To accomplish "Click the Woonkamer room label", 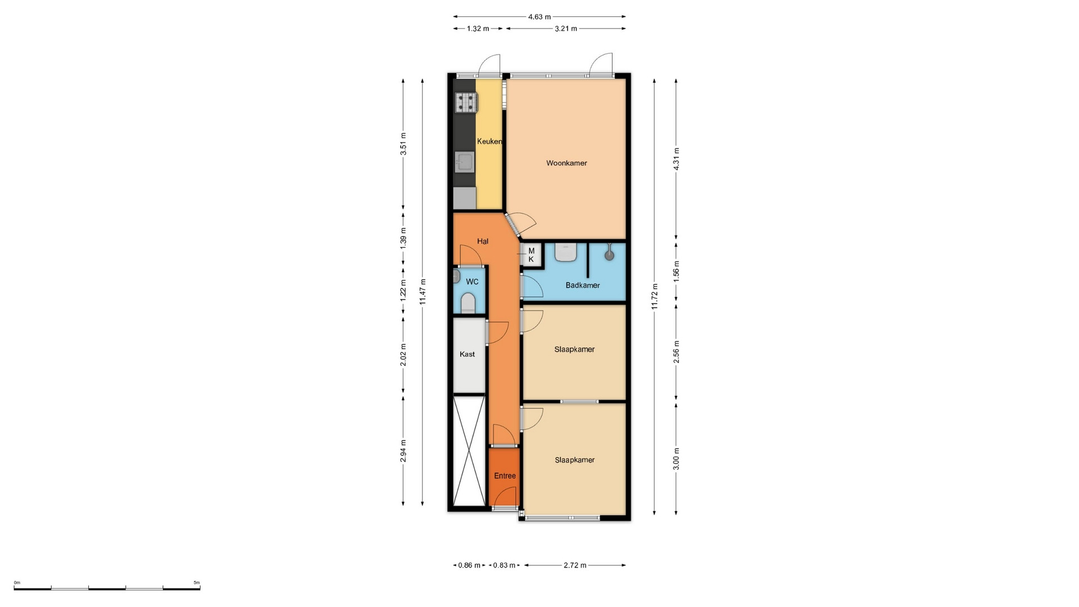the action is click(x=566, y=163).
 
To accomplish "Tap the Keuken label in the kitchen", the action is click(x=489, y=142).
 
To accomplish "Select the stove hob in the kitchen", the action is click(x=466, y=102).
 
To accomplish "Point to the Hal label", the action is click(x=483, y=241).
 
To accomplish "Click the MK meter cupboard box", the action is click(x=531, y=255).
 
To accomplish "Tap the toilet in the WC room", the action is click(x=468, y=304).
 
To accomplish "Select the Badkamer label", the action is click(x=583, y=285).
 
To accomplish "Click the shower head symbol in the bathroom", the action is click(x=609, y=254).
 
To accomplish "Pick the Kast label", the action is click(x=467, y=354).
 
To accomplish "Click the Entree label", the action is click(x=505, y=475).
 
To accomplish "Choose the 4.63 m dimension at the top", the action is click(x=539, y=17).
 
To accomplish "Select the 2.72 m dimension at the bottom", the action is click(x=575, y=565).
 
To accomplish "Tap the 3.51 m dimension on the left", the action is click(x=403, y=143).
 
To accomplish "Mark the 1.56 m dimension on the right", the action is click(x=676, y=271).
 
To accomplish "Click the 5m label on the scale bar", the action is click(x=197, y=582).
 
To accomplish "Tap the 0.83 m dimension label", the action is click(x=504, y=565).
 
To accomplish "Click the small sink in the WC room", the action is click(x=456, y=276).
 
